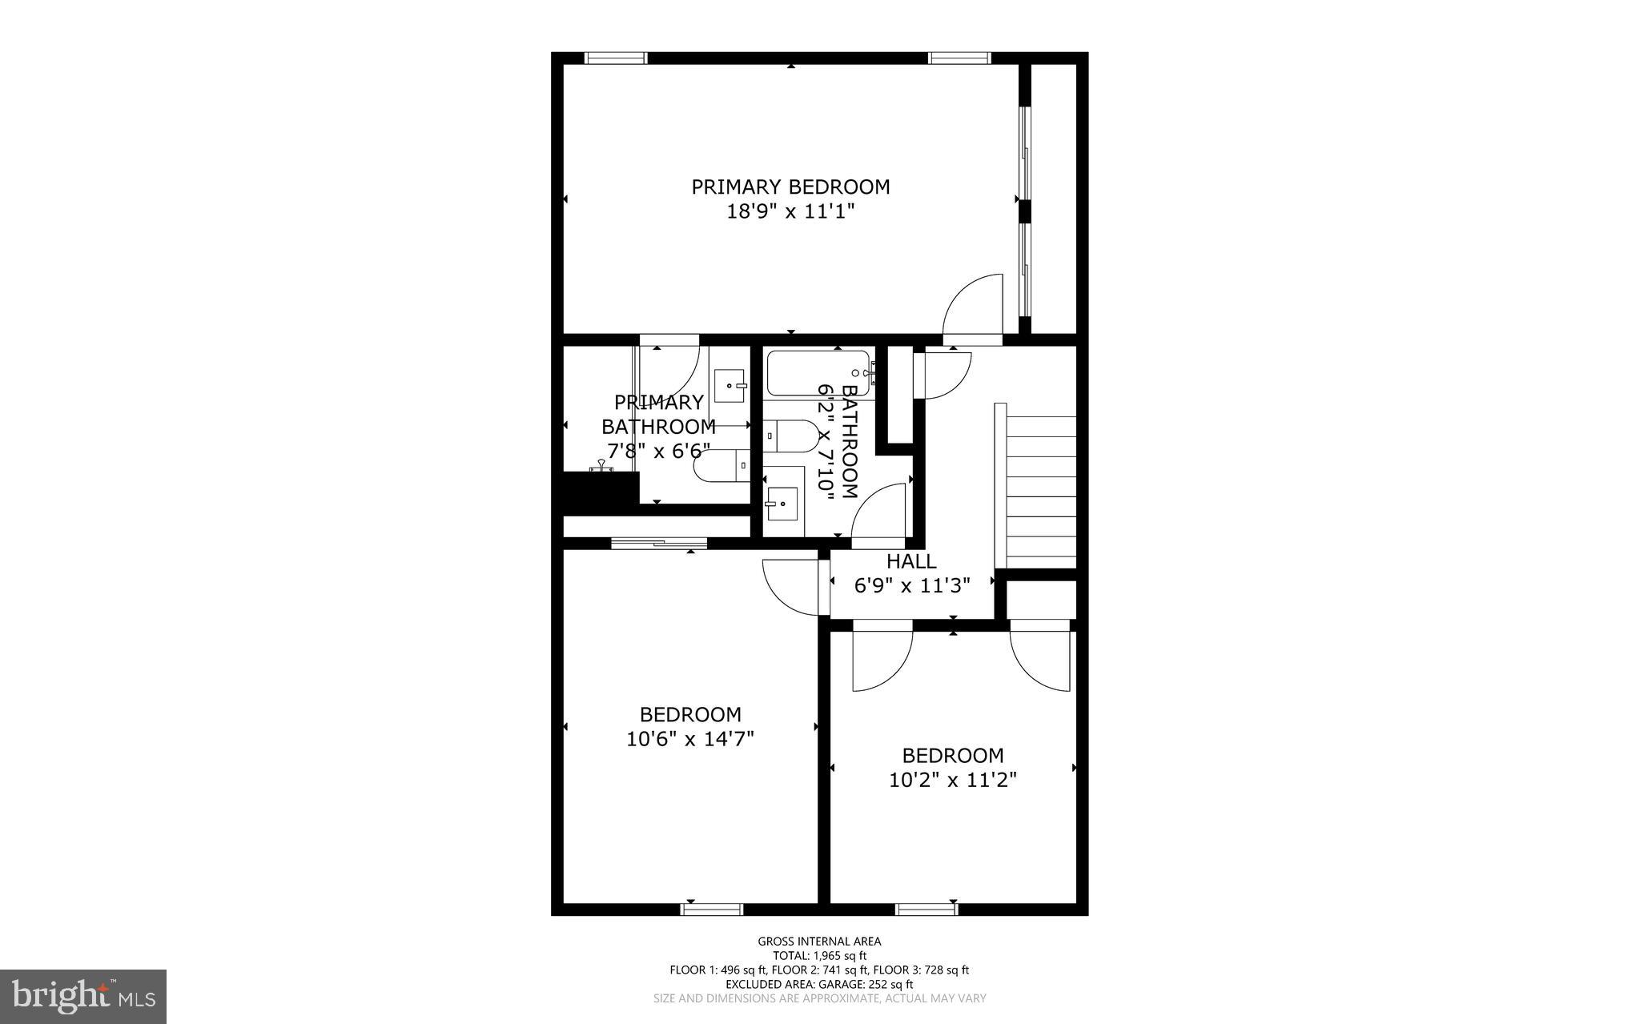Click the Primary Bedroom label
coord(790,187)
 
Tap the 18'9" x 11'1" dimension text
coord(790,212)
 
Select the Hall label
coord(911,561)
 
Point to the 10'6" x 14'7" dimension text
coord(690,738)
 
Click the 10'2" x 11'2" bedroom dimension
coord(953,780)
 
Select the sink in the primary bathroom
coord(729,386)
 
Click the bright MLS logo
coord(83,996)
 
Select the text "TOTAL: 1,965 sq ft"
coord(819,955)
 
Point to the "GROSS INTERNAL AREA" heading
coord(819,942)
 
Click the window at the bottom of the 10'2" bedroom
coord(927,909)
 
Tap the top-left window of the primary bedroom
coord(615,58)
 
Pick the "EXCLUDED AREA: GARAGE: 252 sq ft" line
coord(819,984)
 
